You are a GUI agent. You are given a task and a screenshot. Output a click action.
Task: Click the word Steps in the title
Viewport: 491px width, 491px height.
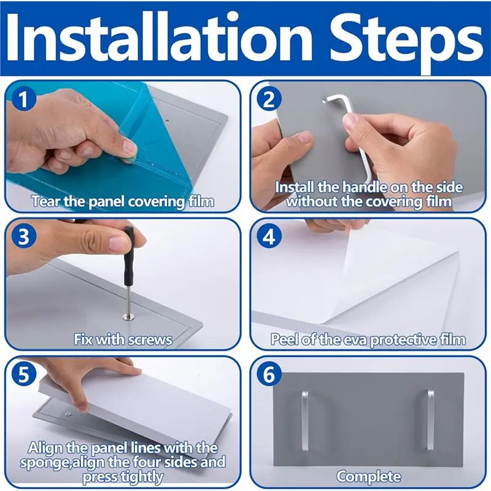[406, 41]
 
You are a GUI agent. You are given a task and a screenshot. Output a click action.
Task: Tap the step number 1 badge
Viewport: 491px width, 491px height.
[24, 99]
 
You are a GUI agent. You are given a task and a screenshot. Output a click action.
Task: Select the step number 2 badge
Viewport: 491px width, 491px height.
[269, 99]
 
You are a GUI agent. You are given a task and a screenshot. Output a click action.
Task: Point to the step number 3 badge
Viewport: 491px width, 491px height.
[24, 236]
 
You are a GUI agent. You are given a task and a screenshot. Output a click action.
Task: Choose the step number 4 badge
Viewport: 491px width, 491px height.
[269, 236]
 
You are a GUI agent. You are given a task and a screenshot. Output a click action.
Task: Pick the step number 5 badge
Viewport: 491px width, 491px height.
[24, 374]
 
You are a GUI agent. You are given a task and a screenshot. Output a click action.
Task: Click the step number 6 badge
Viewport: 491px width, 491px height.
[269, 374]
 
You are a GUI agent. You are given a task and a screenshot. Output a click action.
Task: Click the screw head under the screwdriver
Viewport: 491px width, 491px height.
[129, 318]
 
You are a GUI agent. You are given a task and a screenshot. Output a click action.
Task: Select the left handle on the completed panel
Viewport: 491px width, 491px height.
[304, 420]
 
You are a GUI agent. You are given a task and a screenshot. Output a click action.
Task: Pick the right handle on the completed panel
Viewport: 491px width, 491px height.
[431, 420]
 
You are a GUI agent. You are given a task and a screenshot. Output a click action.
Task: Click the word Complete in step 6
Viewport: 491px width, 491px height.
[369, 477]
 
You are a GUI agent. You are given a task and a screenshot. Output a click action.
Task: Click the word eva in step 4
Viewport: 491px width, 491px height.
[355, 341]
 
